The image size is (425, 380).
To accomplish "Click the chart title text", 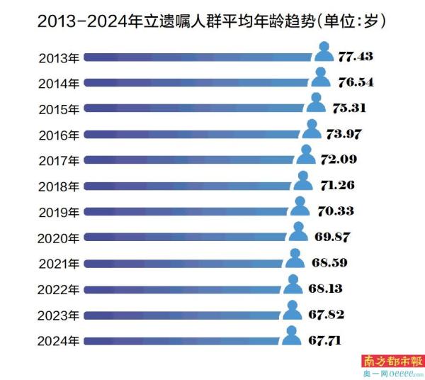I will (212, 21).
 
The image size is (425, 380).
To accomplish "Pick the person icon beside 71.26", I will (303, 181).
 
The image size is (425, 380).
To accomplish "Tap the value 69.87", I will (331, 237).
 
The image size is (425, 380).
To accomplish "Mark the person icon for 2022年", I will (293, 285).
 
